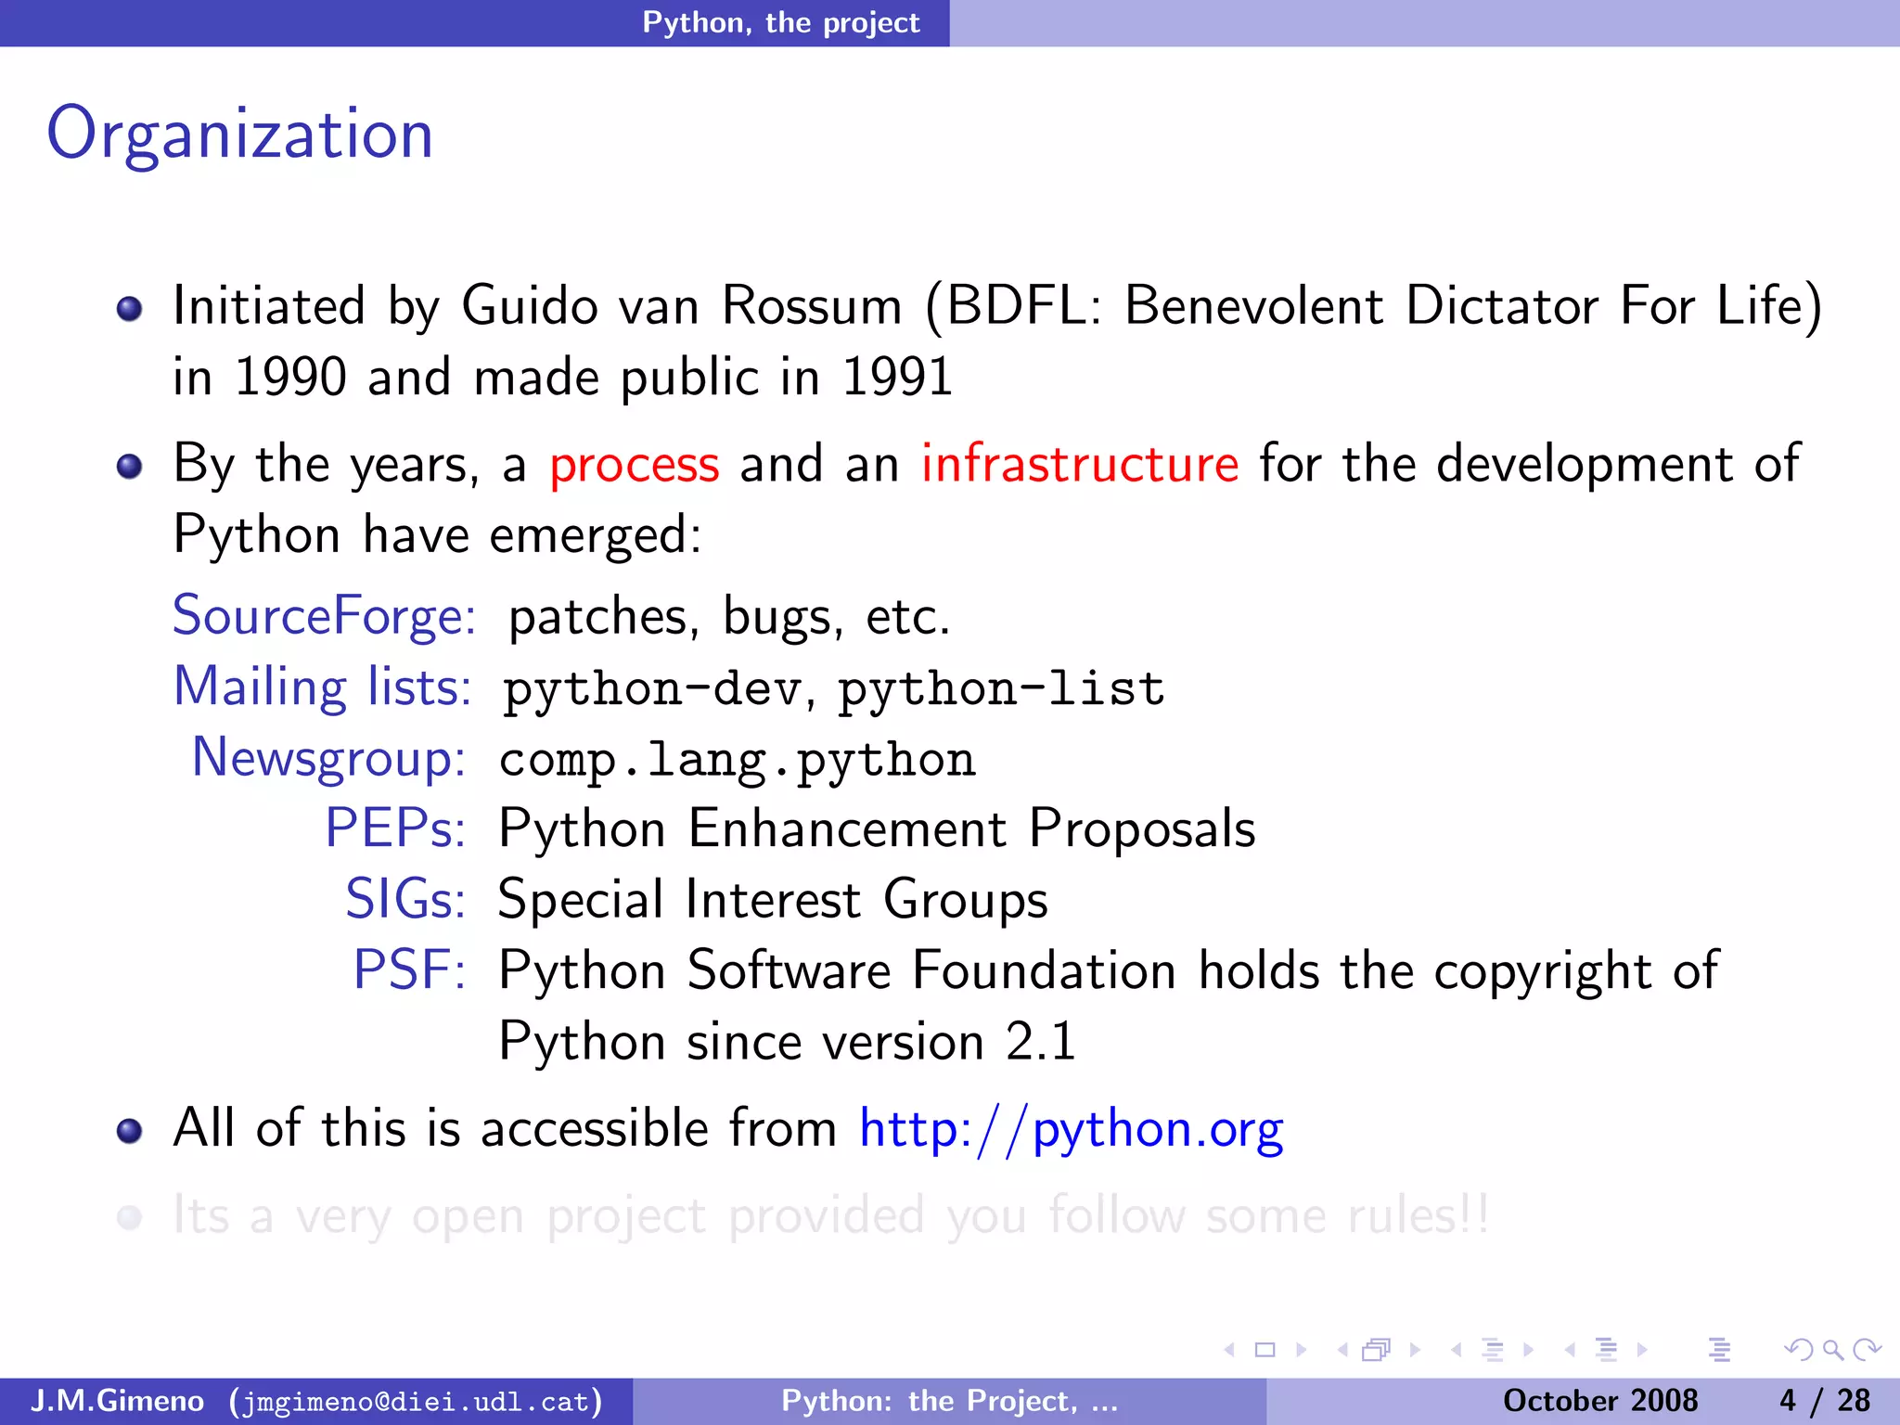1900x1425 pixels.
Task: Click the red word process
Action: pyautogui.click(x=634, y=465)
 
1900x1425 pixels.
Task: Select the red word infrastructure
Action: pyautogui.click(x=1079, y=465)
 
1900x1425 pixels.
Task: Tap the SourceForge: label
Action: pyautogui.click(x=324, y=616)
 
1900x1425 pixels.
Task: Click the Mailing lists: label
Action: pyautogui.click(x=322, y=687)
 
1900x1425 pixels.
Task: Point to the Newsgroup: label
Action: pyautogui.click(x=328, y=758)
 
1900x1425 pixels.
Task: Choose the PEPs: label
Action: pyautogui.click(x=394, y=828)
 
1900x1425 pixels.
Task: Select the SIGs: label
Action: pyautogui.click(x=404, y=899)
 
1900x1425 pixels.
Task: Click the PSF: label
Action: pyautogui.click(x=408, y=970)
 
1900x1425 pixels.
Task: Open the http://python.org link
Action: pyautogui.click(x=1071, y=1130)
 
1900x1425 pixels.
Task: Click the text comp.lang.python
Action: pyautogui.click(x=737, y=760)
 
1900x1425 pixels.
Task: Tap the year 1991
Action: pyautogui.click(x=897, y=378)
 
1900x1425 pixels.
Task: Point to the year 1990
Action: pyautogui.click(x=290, y=378)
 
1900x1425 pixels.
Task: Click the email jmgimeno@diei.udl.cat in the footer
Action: pyautogui.click(x=416, y=1401)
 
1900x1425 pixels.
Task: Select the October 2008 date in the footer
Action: pyautogui.click(x=1599, y=1401)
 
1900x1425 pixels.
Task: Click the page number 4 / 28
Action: pyautogui.click(x=1824, y=1401)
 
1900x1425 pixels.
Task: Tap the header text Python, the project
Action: pyautogui.click(x=781, y=22)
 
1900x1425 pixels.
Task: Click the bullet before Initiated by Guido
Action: pyautogui.click(x=130, y=308)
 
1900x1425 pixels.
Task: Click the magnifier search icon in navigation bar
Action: pyautogui.click(x=1831, y=1350)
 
